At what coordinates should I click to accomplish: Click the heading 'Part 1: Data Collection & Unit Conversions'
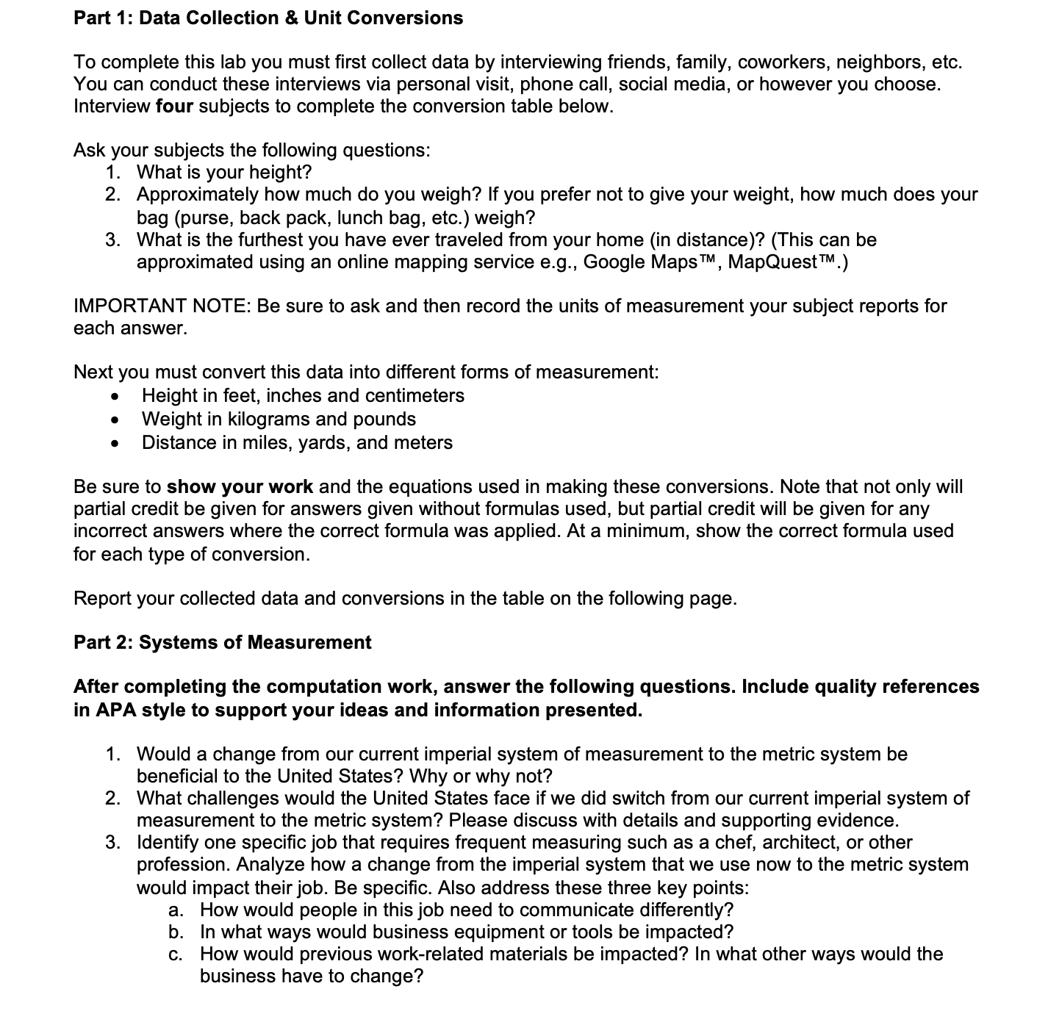coord(268,18)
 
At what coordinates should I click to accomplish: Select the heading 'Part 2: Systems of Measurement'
coord(222,642)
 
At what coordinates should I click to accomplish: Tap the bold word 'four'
coord(174,107)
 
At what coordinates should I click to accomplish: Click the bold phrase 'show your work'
coord(240,487)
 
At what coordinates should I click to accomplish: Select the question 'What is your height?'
coord(224,173)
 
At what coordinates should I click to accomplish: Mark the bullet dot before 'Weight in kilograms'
coord(114,420)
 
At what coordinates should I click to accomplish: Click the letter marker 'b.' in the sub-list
coord(176,932)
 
